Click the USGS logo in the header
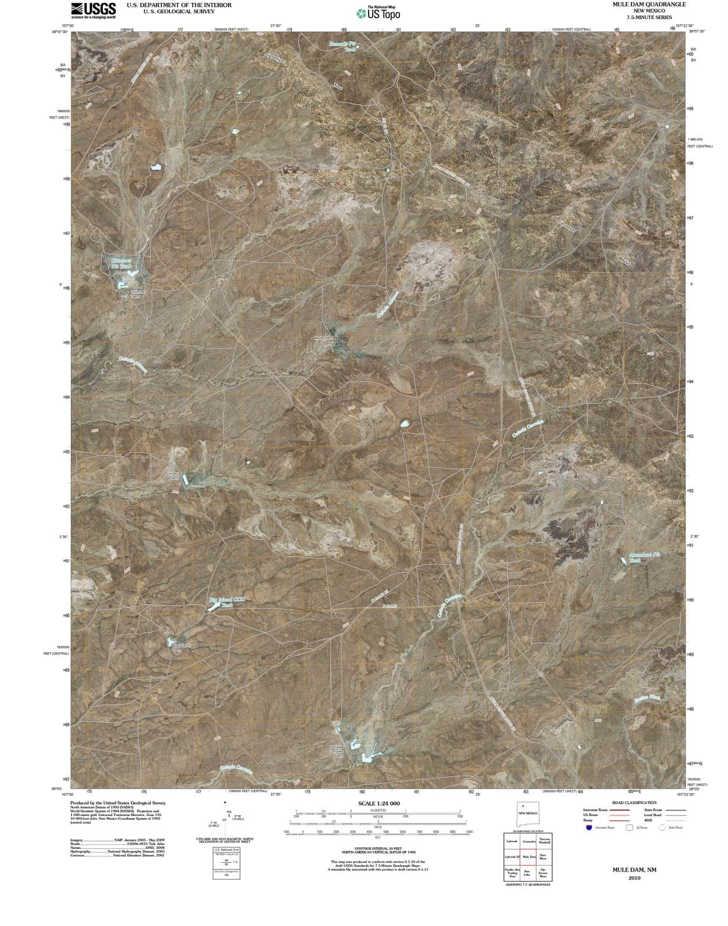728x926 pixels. [x=93, y=10]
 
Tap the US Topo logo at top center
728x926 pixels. [x=378, y=13]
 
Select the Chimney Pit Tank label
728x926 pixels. [x=122, y=263]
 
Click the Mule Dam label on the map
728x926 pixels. [x=323, y=337]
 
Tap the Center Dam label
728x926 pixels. [x=172, y=476]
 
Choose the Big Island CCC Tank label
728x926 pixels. [x=227, y=602]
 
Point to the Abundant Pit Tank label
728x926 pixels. [x=644, y=557]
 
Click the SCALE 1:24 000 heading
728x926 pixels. [x=378, y=803]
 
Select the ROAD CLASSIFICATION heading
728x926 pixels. [x=634, y=803]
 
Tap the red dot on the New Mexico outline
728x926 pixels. [x=523, y=806]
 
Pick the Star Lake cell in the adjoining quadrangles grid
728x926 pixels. [x=527, y=873]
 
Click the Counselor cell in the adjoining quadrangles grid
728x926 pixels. [x=528, y=842]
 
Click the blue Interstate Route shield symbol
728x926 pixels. [x=589, y=828]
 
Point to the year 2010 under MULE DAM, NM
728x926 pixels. [x=635, y=877]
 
